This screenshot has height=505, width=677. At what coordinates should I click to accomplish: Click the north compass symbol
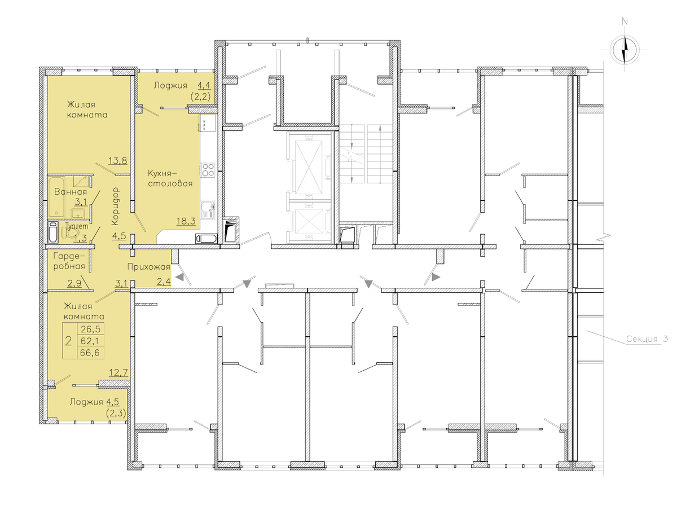point(625,49)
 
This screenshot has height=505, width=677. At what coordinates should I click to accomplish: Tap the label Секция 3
point(647,339)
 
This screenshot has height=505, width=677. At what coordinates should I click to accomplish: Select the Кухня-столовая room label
point(170,178)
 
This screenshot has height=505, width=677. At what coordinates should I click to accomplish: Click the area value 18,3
point(186,221)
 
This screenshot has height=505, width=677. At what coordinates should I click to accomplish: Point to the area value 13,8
point(118,160)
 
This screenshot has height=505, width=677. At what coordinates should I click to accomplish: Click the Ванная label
point(71,192)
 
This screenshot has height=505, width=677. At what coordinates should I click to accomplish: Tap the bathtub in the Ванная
point(56,197)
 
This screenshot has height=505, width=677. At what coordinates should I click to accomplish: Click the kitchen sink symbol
point(208,210)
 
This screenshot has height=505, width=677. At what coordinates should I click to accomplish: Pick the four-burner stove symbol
point(208,170)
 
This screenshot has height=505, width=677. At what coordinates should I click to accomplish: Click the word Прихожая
point(149,266)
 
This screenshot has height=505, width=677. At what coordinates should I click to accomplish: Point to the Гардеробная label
point(69,261)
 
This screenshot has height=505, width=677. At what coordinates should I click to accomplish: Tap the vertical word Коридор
point(115,206)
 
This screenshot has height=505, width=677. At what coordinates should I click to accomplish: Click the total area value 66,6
point(90,353)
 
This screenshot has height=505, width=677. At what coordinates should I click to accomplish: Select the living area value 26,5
point(90,329)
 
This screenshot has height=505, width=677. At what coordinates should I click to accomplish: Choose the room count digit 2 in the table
point(68,341)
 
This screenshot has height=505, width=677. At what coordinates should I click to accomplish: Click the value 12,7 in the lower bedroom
point(118,372)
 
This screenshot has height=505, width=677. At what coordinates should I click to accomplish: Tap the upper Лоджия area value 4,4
point(204,85)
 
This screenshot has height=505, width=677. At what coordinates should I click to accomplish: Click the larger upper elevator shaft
point(309,166)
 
